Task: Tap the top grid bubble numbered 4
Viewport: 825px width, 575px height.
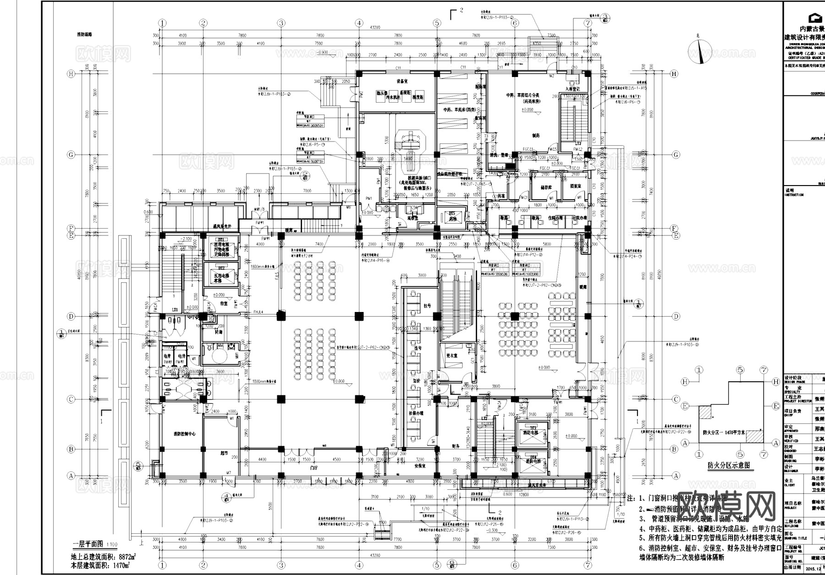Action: (x=359, y=23)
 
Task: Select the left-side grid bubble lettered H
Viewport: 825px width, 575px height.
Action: (x=71, y=73)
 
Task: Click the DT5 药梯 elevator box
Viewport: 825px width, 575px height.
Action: (x=452, y=216)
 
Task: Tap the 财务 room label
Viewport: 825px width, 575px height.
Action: (x=455, y=445)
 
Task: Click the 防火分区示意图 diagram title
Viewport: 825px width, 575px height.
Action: (x=728, y=465)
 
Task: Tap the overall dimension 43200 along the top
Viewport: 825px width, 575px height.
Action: (x=374, y=28)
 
